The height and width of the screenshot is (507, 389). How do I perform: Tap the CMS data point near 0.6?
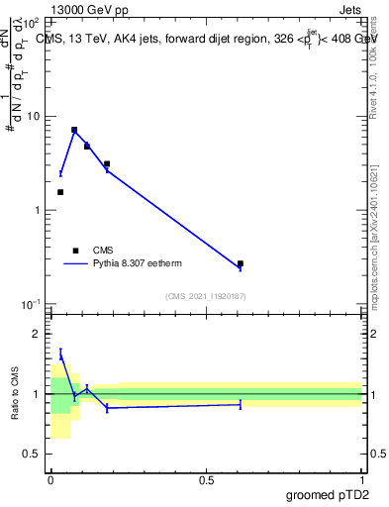tap(241, 264)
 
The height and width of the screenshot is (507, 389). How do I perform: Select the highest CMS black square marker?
tap(74, 130)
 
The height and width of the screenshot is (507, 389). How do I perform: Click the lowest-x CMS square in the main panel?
tap(60, 192)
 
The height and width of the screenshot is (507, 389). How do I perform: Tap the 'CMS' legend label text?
tap(103, 251)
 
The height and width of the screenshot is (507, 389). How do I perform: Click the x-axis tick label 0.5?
tap(206, 479)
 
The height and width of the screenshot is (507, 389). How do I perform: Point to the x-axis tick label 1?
tap(361, 479)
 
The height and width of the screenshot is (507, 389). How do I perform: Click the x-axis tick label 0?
tap(50, 479)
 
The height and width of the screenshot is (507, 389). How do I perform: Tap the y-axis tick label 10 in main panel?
tap(34, 117)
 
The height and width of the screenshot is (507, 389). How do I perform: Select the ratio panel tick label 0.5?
tap(33, 454)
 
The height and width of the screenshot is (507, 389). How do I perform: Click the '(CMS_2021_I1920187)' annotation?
tap(206, 296)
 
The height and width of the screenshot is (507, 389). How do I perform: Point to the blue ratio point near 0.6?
tap(241, 404)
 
